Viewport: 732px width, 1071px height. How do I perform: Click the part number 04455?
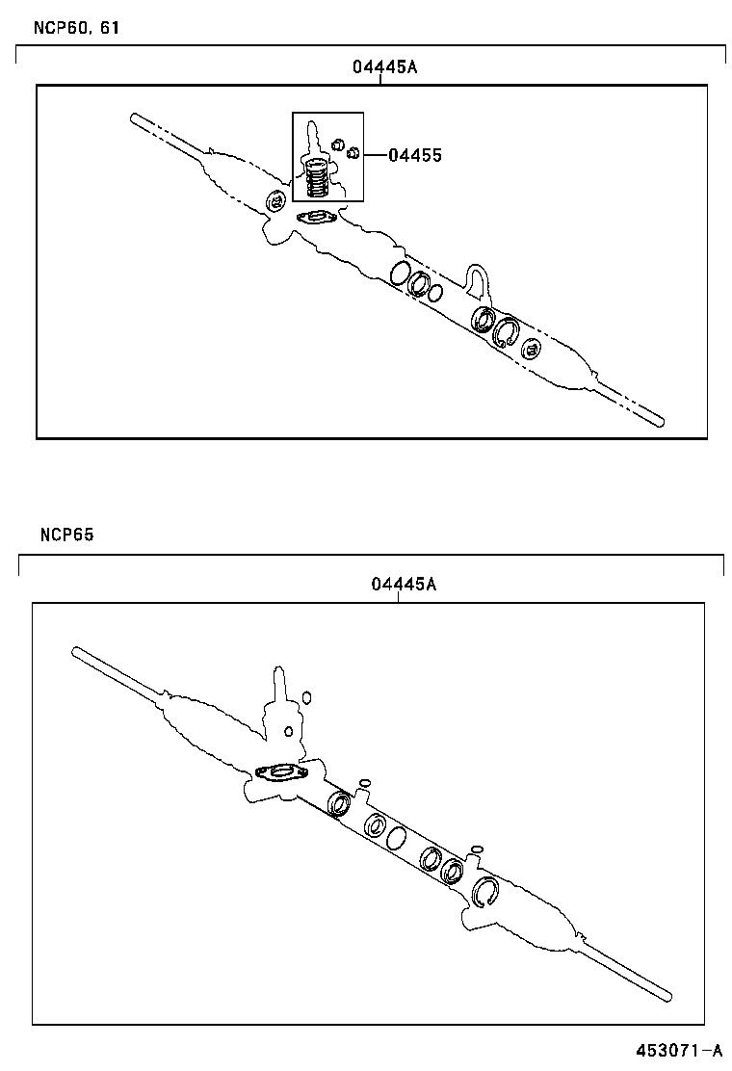tap(415, 155)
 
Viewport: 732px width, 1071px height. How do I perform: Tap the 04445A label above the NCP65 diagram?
tap(404, 585)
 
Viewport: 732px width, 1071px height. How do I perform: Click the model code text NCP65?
tap(66, 535)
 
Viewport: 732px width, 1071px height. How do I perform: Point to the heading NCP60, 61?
tap(67, 27)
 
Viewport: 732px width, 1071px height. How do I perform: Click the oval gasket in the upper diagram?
tap(316, 218)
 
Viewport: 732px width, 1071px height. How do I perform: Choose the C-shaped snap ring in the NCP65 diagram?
tap(485, 893)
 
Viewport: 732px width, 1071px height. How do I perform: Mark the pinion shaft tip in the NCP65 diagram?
tap(279, 674)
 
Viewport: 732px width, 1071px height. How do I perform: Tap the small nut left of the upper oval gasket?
tap(275, 202)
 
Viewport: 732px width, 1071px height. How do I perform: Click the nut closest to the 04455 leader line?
tap(353, 152)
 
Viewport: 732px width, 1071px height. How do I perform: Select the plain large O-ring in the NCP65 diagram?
tap(396, 839)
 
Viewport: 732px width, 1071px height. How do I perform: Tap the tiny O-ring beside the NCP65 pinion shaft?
tap(306, 696)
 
